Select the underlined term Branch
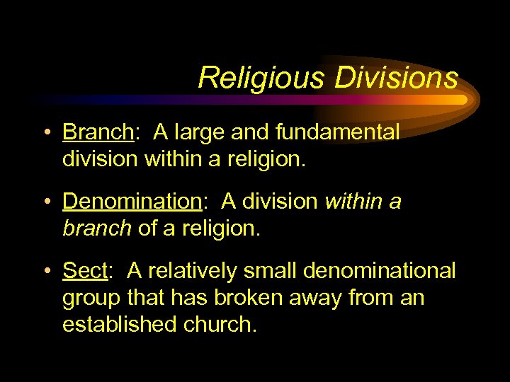[x=98, y=132]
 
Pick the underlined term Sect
[x=83, y=271]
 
